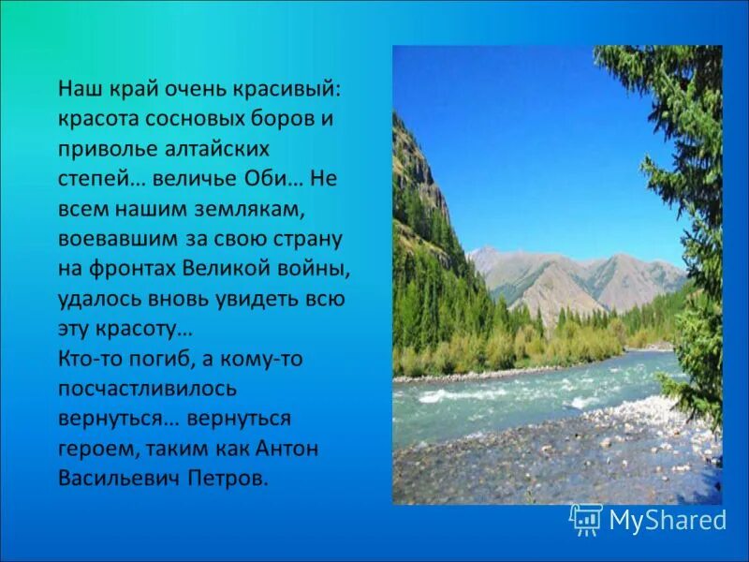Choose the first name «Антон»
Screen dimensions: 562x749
[285, 450]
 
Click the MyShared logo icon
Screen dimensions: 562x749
[585, 520]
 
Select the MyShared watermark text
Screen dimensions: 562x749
[668, 520]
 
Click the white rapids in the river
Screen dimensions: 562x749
[449, 396]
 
